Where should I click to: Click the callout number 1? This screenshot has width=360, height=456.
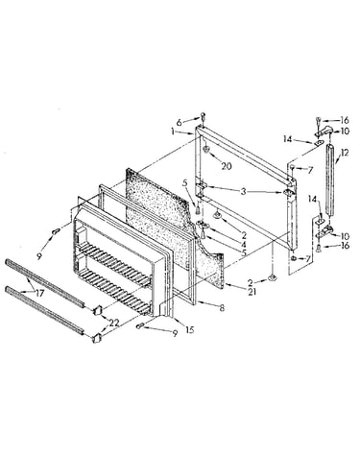point(173,132)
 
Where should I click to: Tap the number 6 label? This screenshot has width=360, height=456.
point(180,122)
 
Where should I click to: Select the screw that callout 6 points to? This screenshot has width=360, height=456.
point(203,116)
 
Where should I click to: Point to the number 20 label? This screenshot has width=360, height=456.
point(227,166)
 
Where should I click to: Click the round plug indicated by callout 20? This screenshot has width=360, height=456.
point(206,150)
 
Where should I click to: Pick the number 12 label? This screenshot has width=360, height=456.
point(345,153)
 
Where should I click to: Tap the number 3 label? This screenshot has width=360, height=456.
point(244,192)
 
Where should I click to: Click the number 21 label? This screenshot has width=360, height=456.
point(252,292)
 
